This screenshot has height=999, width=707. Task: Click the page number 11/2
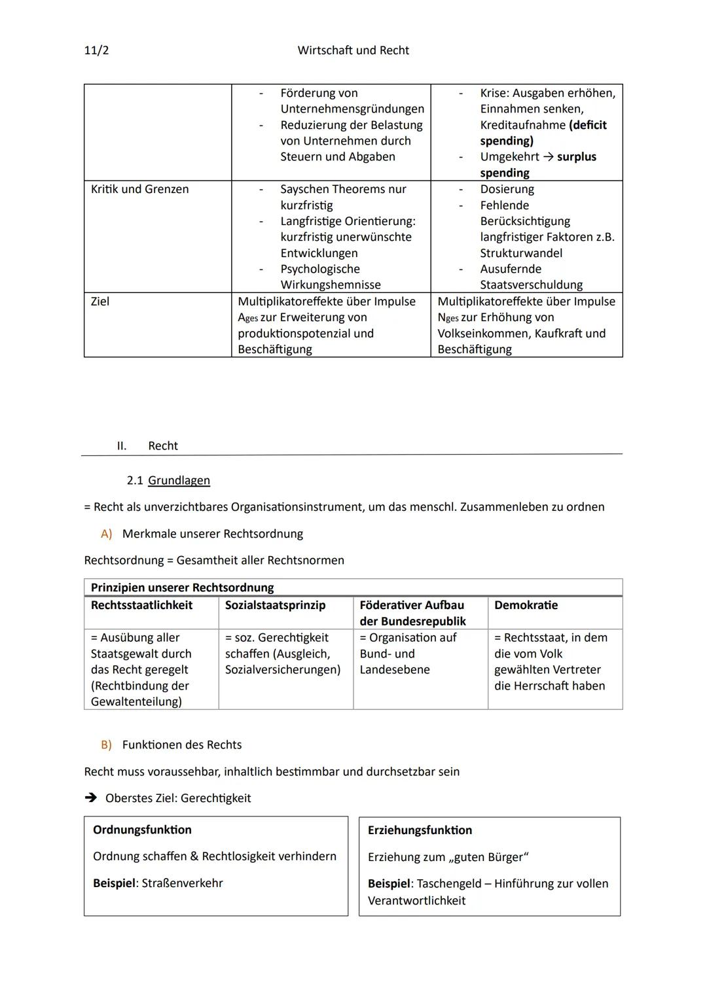(96, 50)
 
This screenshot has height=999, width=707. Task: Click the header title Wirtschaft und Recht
(353, 50)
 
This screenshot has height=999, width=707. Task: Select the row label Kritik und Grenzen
(139, 189)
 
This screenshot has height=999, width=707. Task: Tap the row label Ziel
(100, 302)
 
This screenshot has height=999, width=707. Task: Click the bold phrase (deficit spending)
(543, 133)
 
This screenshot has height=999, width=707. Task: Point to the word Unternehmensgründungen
(352, 109)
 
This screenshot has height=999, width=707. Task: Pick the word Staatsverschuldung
(531, 285)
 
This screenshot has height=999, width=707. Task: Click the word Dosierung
(507, 189)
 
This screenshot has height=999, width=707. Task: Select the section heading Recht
(163, 446)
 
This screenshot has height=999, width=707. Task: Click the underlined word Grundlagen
(179, 480)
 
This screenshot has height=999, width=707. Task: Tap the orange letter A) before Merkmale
(106, 534)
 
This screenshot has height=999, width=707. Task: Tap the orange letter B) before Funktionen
(106, 745)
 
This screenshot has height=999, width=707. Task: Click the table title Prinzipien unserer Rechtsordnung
(182, 587)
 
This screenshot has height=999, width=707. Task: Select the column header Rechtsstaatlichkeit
(141, 605)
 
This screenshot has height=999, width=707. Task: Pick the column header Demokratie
(526, 605)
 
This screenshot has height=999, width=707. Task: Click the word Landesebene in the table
(395, 669)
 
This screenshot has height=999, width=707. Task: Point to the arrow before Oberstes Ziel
(90, 798)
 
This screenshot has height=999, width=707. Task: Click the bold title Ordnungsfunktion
(142, 830)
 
